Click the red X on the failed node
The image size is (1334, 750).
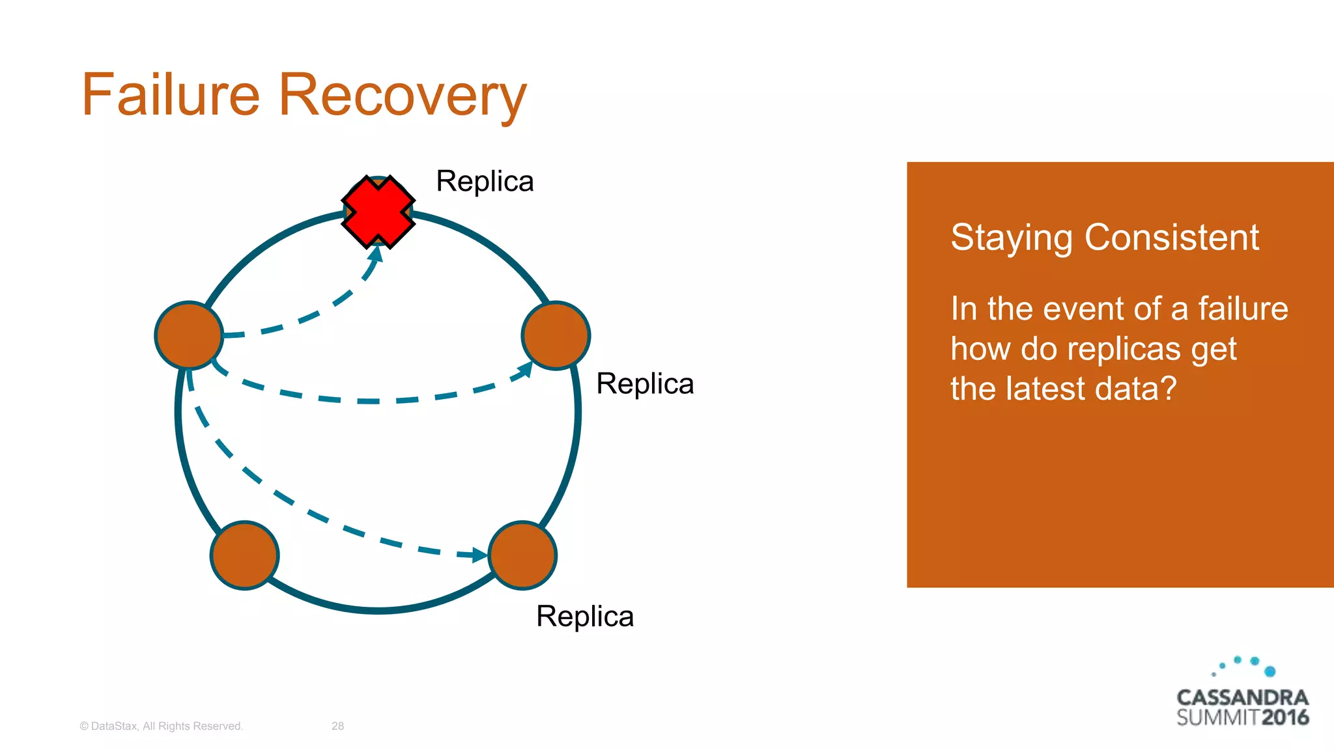tap(378, 212)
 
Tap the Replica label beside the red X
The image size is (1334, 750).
tap(485, 181)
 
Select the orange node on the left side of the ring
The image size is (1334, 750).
tap(189, 335)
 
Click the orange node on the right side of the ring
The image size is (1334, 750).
tap(556, 335)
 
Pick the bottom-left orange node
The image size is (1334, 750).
tap(245, 555)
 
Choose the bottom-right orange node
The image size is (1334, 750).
tap(522, 555)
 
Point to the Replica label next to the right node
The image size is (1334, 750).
tap(645, 383)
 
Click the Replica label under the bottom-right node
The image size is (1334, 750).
tap(584, 616)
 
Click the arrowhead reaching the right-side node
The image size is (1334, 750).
tap(525, 370)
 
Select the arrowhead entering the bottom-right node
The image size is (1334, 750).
tap(479, 555)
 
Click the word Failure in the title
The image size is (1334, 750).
tap(171, 95)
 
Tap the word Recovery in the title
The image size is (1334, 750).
tap(403, 95)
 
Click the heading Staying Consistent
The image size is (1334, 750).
tap(1105, 237)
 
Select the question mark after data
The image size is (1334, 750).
tap(1169, 389)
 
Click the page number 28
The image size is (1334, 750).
tap(337, 726)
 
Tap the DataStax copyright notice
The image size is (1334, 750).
tap(161, 726)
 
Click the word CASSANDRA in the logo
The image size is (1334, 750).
tap(1242, 697)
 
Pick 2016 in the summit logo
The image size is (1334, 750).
tap(1285, 717)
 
